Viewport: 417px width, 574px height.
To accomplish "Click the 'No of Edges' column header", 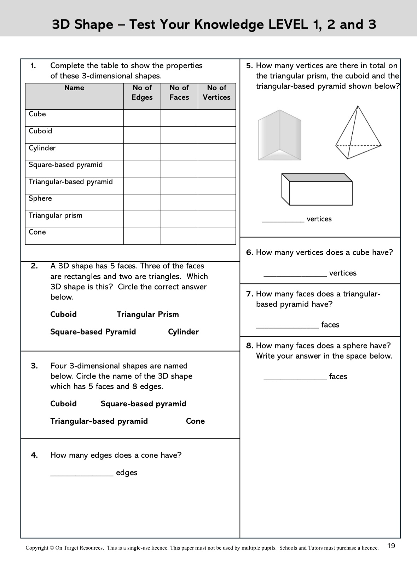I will point(142,93).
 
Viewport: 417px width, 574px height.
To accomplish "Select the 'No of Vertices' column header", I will point(216,93).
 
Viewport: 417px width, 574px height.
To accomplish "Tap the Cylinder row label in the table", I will point(42,148).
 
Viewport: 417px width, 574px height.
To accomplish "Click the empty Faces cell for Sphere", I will point(179,202).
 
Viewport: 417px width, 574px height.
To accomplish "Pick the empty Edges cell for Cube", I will point(142,118).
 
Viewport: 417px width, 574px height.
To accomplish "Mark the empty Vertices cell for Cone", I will point(216,236).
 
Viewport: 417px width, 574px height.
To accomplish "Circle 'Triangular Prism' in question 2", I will point(148,314).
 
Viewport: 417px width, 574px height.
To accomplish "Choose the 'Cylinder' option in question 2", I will point(183,332).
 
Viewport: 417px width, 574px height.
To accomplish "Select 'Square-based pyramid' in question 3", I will point(143,404).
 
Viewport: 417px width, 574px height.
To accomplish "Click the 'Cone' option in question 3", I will point(195,421).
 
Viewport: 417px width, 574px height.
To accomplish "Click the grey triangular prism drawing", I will point(280,135).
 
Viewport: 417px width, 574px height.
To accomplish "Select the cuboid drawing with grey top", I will point(317,190).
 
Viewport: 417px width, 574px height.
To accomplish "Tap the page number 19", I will point(391,546).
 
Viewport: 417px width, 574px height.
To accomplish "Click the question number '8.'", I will point(250,346).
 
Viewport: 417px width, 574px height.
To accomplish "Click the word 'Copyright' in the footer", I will point(37,548).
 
